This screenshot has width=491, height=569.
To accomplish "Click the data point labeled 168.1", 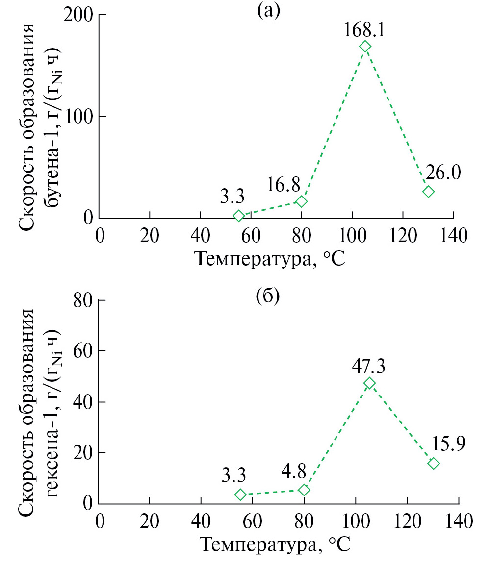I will pyautogui.click(x=365, y=47).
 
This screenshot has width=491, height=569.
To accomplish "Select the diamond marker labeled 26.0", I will pyautogui.click(x=429, y=191).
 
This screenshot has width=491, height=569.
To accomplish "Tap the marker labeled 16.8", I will pyautogui.click(x=302, y=201).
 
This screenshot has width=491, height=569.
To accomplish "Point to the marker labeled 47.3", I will pyautogui.click(x=369, y=383).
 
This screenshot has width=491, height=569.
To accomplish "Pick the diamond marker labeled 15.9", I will pyautogui.click(x=433, y=463).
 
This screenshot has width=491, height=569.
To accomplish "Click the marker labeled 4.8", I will pyautogui.click(x=304, y=490).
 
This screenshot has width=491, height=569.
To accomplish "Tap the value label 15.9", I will pyautogui.click(x=448, y=444).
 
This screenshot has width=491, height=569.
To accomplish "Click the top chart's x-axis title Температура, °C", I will pyautogui.click(x=272, y=258).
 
